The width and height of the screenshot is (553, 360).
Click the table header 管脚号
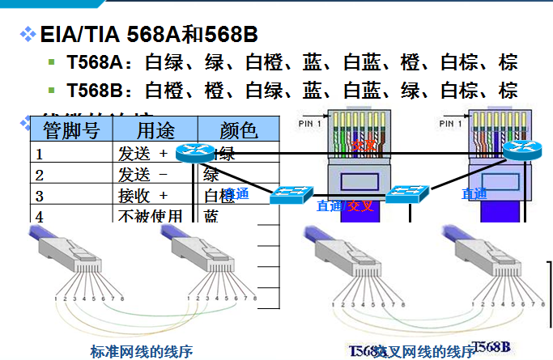[71, 129]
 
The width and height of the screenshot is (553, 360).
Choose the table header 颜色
[237, 129]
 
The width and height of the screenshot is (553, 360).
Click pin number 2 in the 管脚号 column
[39, 175]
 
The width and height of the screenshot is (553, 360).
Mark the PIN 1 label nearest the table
[310, 124]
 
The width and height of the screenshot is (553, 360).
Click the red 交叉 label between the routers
[364, 146]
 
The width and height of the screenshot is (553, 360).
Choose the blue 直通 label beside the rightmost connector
[474, 193]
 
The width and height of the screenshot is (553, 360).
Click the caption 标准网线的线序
[142, 351]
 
